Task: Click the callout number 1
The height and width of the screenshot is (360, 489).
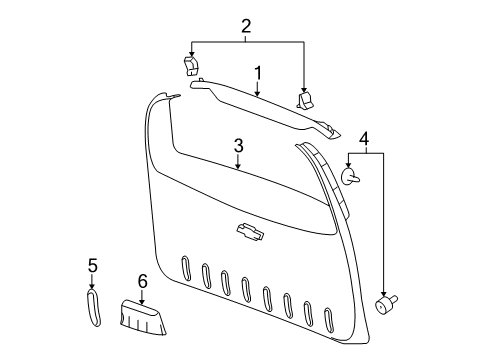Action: (x=257, y=73)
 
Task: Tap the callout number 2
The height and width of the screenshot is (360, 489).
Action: (x=244, y=25)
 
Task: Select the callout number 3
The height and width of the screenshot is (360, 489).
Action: (x=238, y=146)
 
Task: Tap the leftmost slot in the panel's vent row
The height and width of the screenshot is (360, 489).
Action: (x=185, y=268)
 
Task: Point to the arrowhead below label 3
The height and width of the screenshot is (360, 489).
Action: (x=238, y=167)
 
